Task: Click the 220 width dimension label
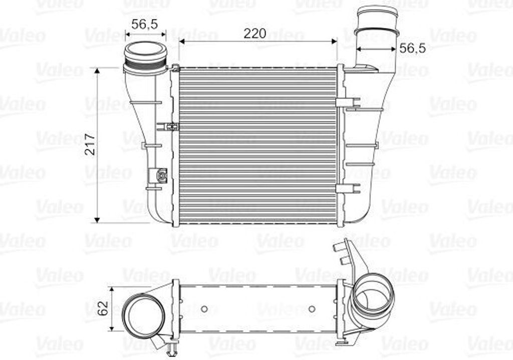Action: point(254,34)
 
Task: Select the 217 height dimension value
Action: point(91,145)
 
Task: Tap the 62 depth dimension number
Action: point(102,308)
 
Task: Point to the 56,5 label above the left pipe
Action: point(145,24)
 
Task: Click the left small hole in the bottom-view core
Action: point(204,308)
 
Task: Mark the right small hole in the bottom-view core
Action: point(312,308)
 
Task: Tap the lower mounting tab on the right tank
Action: point(349,188)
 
